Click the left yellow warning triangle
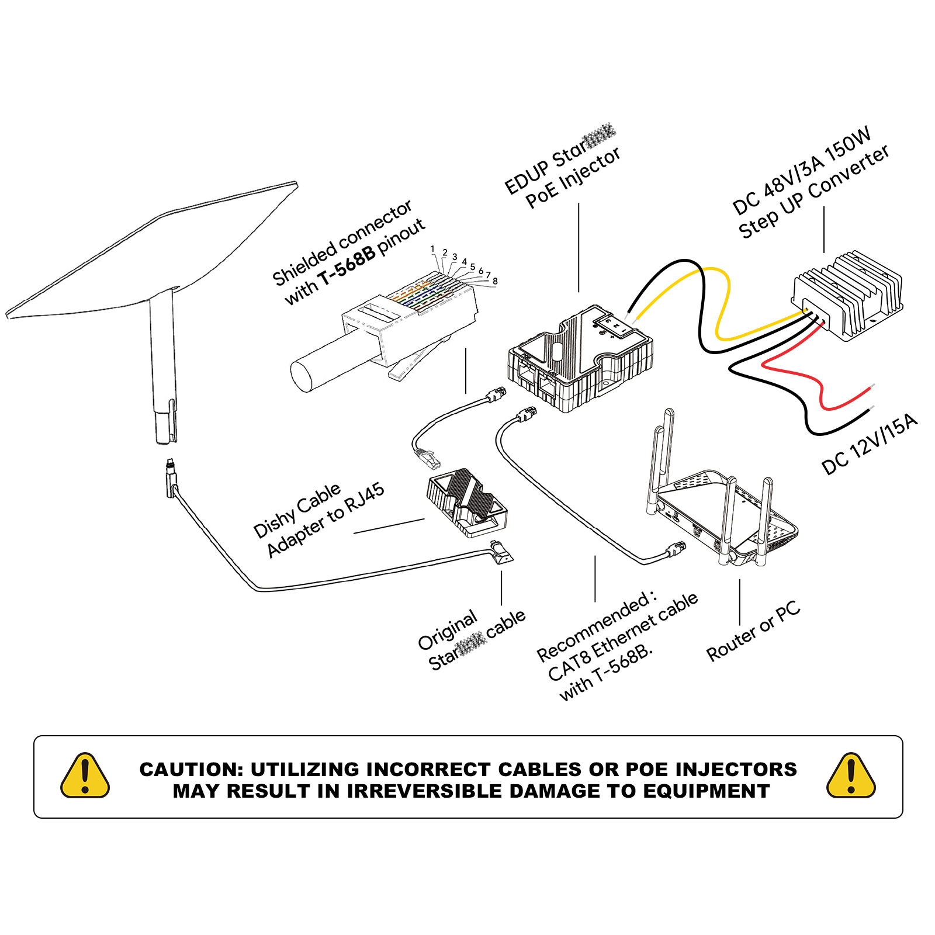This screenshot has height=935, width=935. pyautogui.click(x=85, y=777)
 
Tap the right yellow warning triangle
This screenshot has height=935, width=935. pyautogui.click(x=851, y=777)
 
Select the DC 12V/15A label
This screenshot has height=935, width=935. pyautogui.click(x=869, y=444)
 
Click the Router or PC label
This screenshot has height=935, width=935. pyautogui.click(x=753, y=632)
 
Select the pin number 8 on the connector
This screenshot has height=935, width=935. pyautogui.click(x=495, y=281)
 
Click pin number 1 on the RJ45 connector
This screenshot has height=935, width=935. pyautogui.click(x=432, y=249)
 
